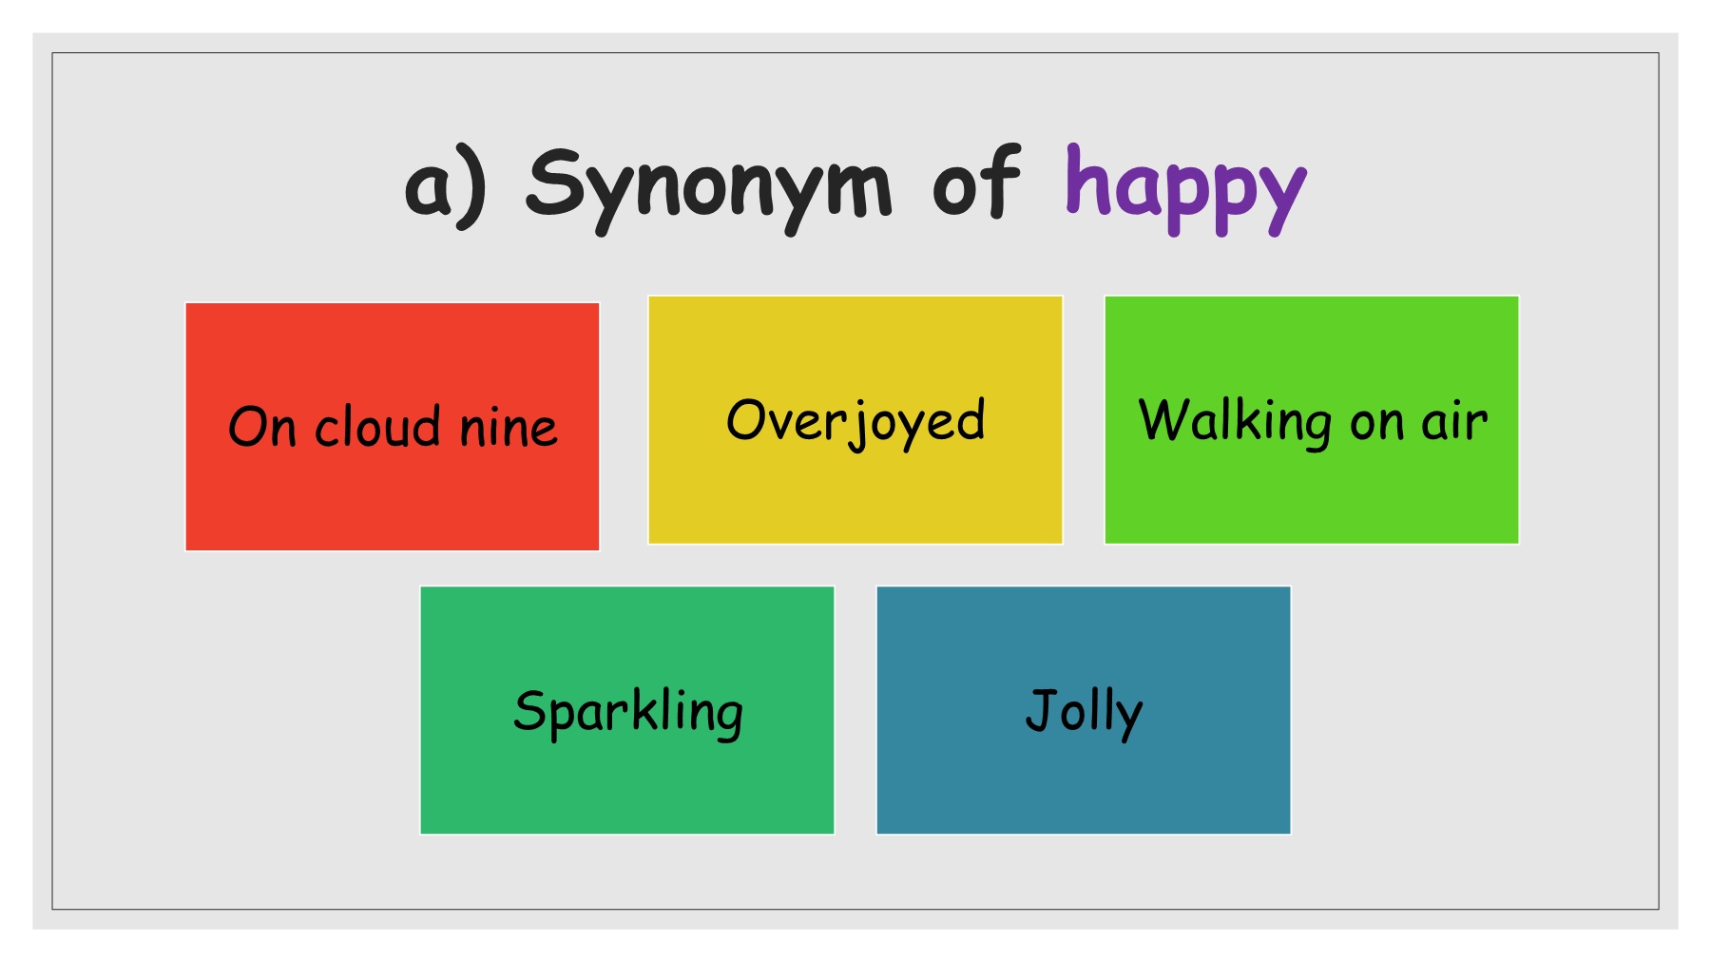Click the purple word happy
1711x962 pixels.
(1185, 188)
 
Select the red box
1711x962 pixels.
(393, 427)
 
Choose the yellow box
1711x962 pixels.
(855, 420)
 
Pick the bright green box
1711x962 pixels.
(1312, 420)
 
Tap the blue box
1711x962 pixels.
(1084, 710)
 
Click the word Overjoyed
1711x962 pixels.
(855, 422)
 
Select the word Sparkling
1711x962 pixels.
(628, 713)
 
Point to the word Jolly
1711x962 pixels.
(1084, 713)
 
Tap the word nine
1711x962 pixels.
(509, 428)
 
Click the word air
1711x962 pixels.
(1454, 421)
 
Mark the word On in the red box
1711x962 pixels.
(262, 427)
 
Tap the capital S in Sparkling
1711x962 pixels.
(529, 710)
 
